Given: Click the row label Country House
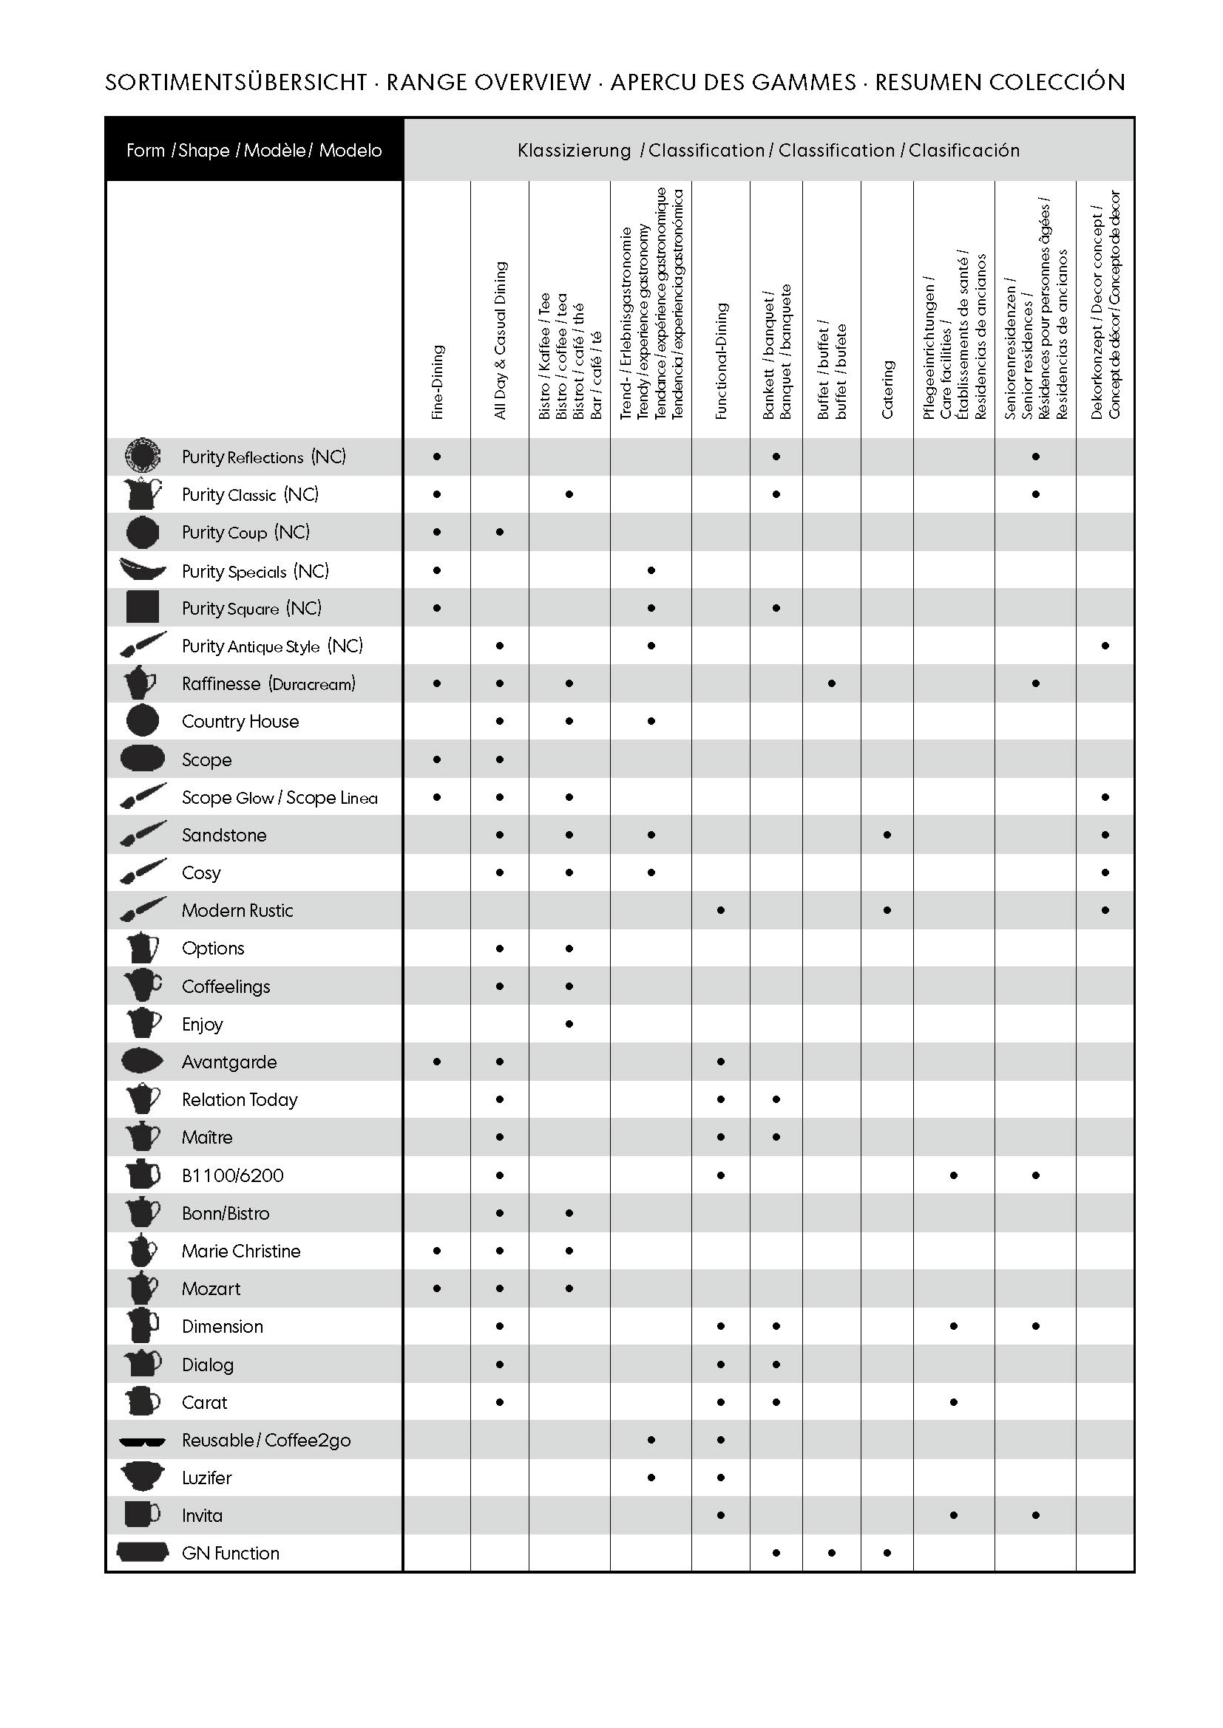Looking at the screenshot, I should click(x=240, y=722).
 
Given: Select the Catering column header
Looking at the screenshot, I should click(x=887, y=389).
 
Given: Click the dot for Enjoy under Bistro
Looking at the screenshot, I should click(x=569, y=1023).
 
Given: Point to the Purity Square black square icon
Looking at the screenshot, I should click(x=142, y=607).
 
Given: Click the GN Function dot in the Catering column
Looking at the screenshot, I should click(x=887, y=1553).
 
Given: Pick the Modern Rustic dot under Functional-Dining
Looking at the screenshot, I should click(x=721, y=911).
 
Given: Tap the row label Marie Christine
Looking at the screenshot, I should click(x=241, y=1251).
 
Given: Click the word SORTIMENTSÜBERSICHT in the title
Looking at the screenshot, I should click(x=236, y=82).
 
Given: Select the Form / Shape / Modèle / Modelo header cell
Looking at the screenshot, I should click(x=254, y=151).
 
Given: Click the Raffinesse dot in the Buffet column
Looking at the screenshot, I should click(x=831, y=683).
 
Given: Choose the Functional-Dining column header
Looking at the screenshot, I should click(x=721, y=361).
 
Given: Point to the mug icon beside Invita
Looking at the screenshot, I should click(x=142, y=1514).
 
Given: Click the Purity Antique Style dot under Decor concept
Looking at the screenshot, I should click(x=1105, y=646).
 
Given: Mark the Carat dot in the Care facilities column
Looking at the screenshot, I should click(x=953, y=1402).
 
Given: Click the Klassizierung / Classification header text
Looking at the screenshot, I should click(x=768, y=151).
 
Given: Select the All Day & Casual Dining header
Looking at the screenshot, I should click(x=500, y=340).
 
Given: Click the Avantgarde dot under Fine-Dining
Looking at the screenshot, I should click(x=438, y=1062).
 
